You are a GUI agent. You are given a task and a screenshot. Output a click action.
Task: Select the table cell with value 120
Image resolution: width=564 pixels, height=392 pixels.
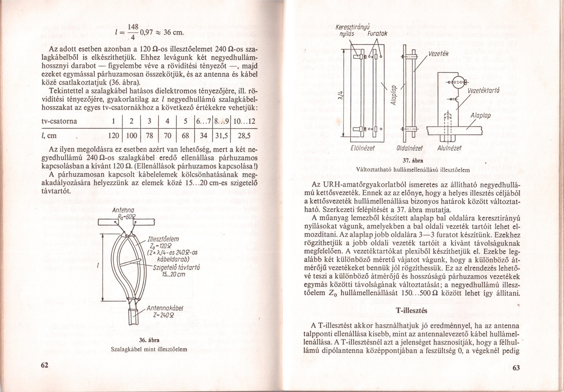pyautogui.click(x=114, y=136)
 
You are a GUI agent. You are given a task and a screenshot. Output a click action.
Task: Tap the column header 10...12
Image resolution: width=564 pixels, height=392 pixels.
pyautogui.click(x=244, y=121)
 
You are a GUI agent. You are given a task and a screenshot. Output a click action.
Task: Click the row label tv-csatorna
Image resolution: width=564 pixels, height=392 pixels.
pyautogui.click(x=59, y=121)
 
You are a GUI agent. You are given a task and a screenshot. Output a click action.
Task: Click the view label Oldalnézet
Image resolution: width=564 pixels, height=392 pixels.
pyautogui.click(x=409, y=148)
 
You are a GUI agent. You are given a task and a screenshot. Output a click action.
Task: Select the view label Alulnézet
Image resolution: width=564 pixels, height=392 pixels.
pyautogui.click(x=449, y=148)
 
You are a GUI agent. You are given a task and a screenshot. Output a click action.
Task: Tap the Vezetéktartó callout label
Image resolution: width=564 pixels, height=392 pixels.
pyautogui.click(x=484, y=90)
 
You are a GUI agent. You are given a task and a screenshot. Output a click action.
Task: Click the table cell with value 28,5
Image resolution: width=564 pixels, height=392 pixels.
pyautogui.click(x=244, y=136)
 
